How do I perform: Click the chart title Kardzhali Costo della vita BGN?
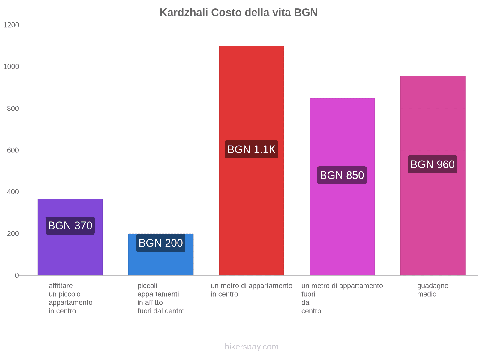pyautogui.click(x=238, y=13)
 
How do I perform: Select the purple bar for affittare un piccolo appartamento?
pyautogui.click(x=70, y=255)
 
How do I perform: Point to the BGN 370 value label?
pyautogui.click(x=70, y=226)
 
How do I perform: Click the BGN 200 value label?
pyautogui.click(x=161, y=243)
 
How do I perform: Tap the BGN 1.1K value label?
pyautogui.click(x=251, y=149)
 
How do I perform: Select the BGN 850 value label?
pyautogui.click(x=342, y=175)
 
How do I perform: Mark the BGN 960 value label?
pyautogui.click(x=433, y=164)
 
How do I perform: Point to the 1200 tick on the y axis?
pyautogui.click(x=11, y=25)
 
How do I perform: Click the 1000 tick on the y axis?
pyautogui.click(x=11, y=67)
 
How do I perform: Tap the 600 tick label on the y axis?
pyautogui.click(x=13, y=150)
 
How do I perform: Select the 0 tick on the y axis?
pyautogui.click(x=17, y=275)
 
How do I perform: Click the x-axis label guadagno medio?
pyautogui.click(x=433, y=290)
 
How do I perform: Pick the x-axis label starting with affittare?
pyautogui.click(x=70, y=298)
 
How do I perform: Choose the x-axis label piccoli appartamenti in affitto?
pyautogui.click(x=161, y=298)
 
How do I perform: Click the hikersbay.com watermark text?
pyautogui.click(x=251, y=347)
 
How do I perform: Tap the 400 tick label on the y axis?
pyautogui.click(x=13, y=192)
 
